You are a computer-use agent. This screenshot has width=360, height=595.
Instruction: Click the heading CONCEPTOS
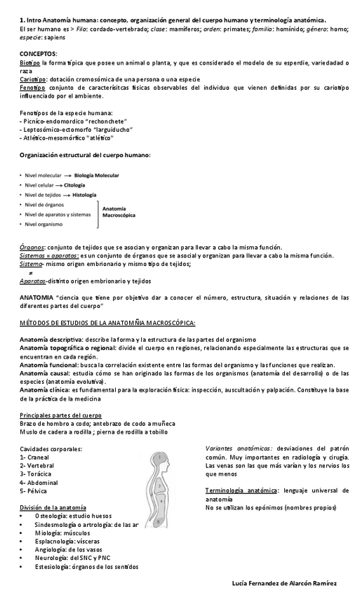(39, 54)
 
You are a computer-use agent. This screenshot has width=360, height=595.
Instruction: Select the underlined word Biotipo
(30, 63)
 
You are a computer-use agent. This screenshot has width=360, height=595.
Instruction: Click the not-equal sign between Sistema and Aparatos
(31, 273)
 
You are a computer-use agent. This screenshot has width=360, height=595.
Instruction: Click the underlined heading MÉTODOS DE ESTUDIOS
(107, 323)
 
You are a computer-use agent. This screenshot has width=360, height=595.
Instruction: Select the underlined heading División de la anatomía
(53, 507)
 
